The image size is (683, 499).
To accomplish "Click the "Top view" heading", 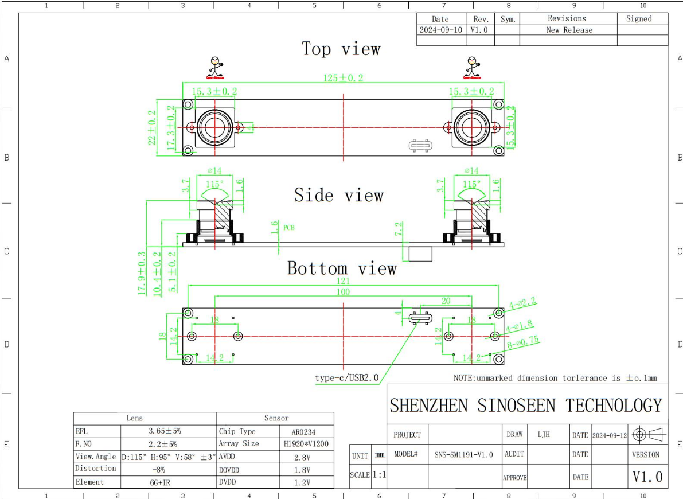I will (x=341, y=49).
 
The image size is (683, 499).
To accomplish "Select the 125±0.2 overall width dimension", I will (x=342, y=78).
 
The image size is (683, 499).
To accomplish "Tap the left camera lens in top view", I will (x=214, y=127).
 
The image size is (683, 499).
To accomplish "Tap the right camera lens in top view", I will (x=471, y=127).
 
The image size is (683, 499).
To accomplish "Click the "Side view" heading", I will (x=338, y=196).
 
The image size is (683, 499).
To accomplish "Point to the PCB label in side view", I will (x=289, y=228).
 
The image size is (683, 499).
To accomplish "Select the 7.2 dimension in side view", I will (x=399, y=228).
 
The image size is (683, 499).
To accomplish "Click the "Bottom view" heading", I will (x=342, y=268).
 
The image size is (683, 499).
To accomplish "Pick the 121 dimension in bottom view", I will (x=343, y=282).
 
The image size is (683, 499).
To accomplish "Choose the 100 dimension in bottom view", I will (x=343, y=292).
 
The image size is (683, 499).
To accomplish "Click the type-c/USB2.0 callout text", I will (x=347, y=378).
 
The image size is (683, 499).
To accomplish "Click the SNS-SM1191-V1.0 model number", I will (x=464, y=454).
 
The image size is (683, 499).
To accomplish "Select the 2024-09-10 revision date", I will (x=440, y=30).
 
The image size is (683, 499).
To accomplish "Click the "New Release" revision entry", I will (x=569, y=30).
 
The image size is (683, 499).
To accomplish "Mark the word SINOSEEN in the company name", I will (x=516, y=406).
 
